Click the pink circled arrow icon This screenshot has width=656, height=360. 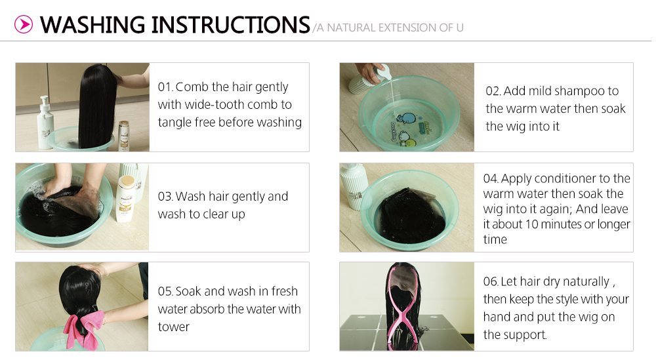(x=24, y=24)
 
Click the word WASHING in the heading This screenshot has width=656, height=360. (x=92, y=25)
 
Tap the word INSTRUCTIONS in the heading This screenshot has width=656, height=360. (x=230, y=25)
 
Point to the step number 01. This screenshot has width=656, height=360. (x=165, y=87)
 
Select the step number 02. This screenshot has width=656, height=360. (x=493, y=91)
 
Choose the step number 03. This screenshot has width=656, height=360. (x=165, y=197)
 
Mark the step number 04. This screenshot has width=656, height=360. (x=491, y=178)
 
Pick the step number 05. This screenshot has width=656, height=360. (x=165, y=291)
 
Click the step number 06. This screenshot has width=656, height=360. (x=491, y=281)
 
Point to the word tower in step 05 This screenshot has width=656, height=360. (x=174, y=327)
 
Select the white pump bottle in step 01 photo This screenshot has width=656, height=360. (x=45, y=123)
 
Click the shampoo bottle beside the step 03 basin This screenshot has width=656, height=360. (x=125, y=199)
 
